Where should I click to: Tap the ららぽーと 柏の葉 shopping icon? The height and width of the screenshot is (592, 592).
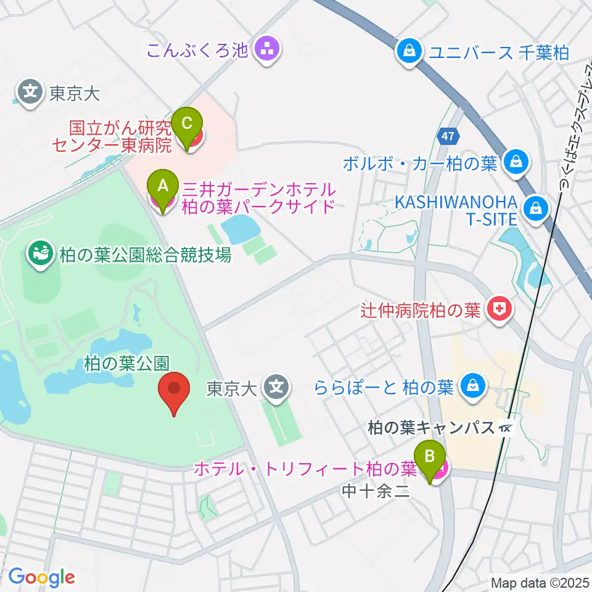coord(472,387)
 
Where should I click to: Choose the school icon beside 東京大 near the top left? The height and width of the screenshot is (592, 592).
coord(30,93)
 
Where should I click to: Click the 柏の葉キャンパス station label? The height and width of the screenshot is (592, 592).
coord(432,427)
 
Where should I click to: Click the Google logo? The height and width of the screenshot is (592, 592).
coord(41,577)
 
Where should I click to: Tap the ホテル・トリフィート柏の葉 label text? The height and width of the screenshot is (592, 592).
coord(306,469)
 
